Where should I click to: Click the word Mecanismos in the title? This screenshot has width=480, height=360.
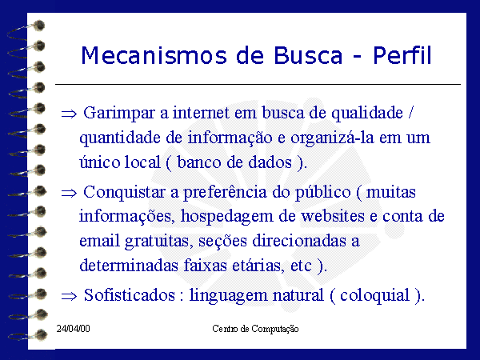coord(154,55)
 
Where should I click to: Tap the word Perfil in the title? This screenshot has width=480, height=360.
coord(402,55)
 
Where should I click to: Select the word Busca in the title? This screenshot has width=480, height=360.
coord(308,55)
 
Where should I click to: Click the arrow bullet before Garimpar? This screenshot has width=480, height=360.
coord(69,114)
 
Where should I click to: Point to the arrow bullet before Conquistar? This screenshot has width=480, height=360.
coord(69,193)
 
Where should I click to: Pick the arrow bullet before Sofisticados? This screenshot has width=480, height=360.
coord(69,296)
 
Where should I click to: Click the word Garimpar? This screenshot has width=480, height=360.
coord(119,114)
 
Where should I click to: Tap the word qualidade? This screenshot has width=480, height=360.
coord(367,114)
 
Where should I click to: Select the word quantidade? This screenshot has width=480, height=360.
coord(120,138)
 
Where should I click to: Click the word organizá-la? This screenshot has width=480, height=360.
coord(332,138)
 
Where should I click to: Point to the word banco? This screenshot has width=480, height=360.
coord(199,162)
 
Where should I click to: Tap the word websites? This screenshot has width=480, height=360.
coord(333,216)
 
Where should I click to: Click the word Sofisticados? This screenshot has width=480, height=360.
coord(130,295)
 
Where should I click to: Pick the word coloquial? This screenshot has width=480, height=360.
coord(375,296)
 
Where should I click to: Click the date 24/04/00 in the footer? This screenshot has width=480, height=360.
coord(73,329)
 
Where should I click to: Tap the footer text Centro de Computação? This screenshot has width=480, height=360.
coord(255,329)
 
